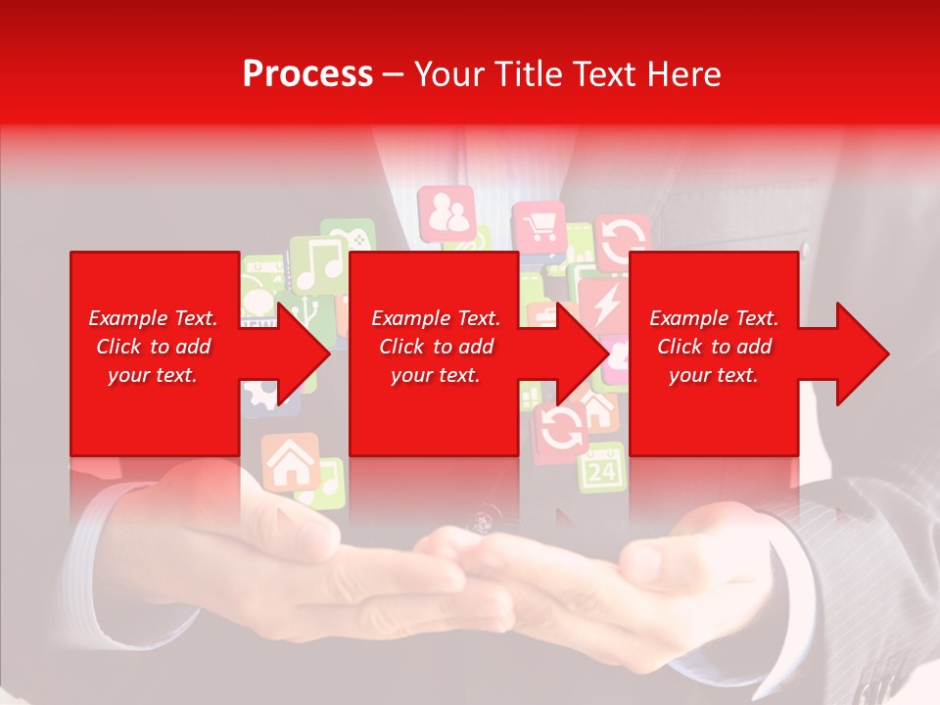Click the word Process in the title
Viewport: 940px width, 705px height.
pyautogui.click(x=307, y=74)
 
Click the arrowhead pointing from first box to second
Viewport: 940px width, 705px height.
pyautogui.click(x=305, y=353)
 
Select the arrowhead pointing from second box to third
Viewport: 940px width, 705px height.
pyautogui.click(x=584, y=353)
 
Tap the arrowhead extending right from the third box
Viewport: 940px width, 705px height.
pyautogui.click(x=863, y=353)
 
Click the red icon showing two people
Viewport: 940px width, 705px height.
pyautogui.click(x=446, y=213)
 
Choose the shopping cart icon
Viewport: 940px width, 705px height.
pyautogui.click(x=538, y=229)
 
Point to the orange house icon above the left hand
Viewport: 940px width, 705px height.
pyautogui.click(x=289, y=461)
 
